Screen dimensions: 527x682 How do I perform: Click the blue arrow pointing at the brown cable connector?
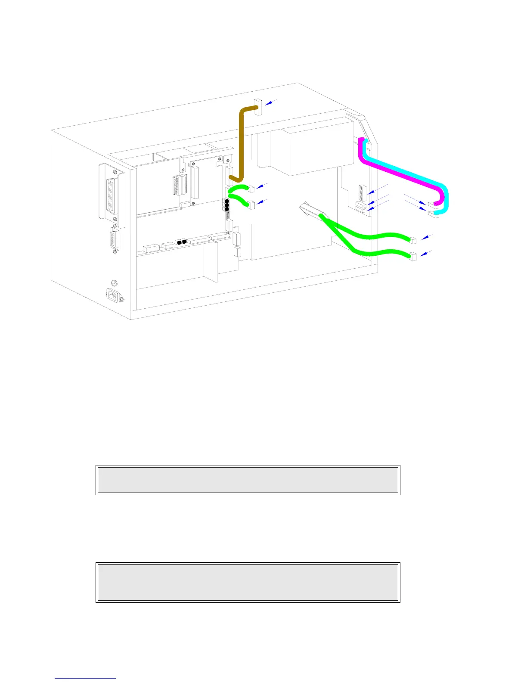coord(271,102)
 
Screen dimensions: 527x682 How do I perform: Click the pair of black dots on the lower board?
coord(182,242)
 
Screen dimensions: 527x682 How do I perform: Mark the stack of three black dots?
coord(226,205)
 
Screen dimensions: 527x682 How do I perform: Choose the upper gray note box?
coord(248,480)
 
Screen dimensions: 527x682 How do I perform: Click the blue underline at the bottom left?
coord(85,678)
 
